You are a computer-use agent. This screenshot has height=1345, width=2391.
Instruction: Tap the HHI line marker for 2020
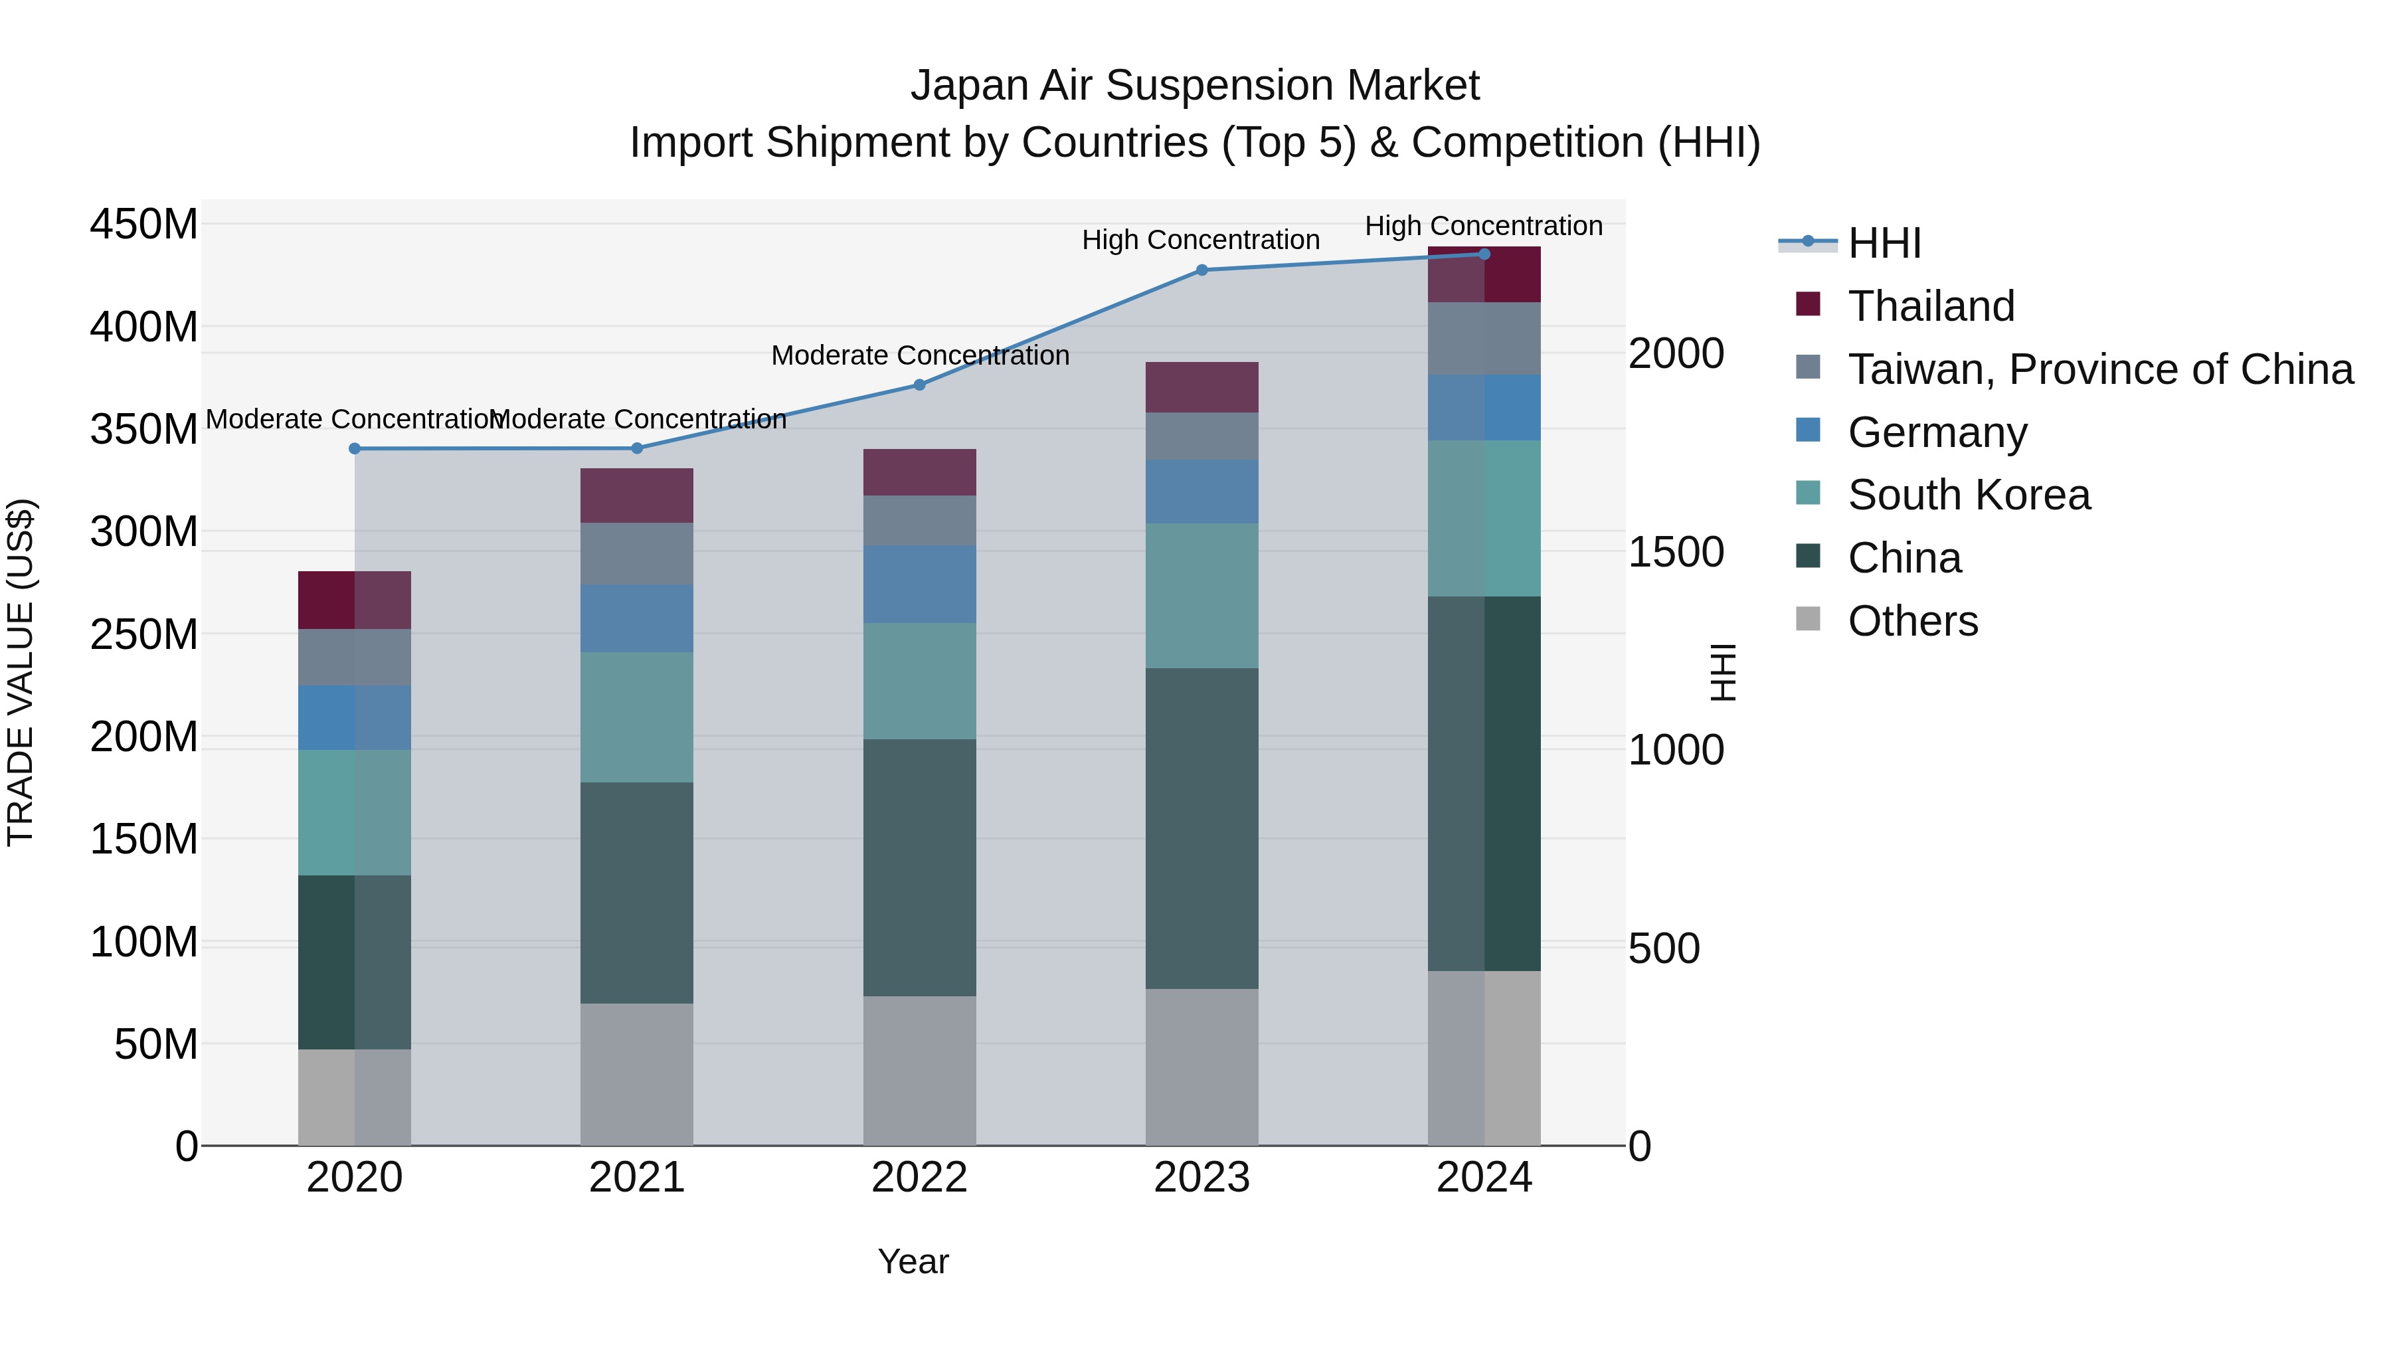[x=355, y=448]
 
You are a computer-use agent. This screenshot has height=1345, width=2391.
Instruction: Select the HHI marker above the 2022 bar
[x=919, y=385]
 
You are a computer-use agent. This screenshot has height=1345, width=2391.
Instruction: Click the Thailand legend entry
[x=1931, y=306]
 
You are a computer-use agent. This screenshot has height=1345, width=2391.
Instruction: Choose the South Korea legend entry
[x=1968, y=495]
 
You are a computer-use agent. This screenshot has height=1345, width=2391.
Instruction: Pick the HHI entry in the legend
[x=1884, y=243]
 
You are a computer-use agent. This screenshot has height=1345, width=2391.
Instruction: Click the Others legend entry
[x=1912, y=621]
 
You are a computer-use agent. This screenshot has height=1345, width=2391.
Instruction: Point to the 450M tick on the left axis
[x=144, y=224]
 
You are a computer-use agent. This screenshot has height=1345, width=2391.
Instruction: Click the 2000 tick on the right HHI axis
[x=1676, y=353]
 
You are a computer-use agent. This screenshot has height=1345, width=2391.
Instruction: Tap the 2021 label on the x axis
[x=637, y=1178]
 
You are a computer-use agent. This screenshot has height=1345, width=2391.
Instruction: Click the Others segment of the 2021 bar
[x=637, y=1074]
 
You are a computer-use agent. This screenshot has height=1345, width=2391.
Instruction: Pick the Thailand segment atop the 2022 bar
[x=919, y=472]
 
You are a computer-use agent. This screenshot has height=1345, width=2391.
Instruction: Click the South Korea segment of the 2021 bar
[x=637, y=717]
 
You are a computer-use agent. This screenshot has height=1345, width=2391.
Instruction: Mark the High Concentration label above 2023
[x=1200, y=240]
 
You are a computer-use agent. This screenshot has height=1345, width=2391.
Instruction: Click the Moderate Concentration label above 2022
[x=920, y=355]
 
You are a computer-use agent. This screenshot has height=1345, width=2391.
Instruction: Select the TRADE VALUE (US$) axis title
[x=21, y=672]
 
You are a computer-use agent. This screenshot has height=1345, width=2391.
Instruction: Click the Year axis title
[x=913, y=1261]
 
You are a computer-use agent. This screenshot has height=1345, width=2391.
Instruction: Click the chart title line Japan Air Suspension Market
[x=1195, y=86]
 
